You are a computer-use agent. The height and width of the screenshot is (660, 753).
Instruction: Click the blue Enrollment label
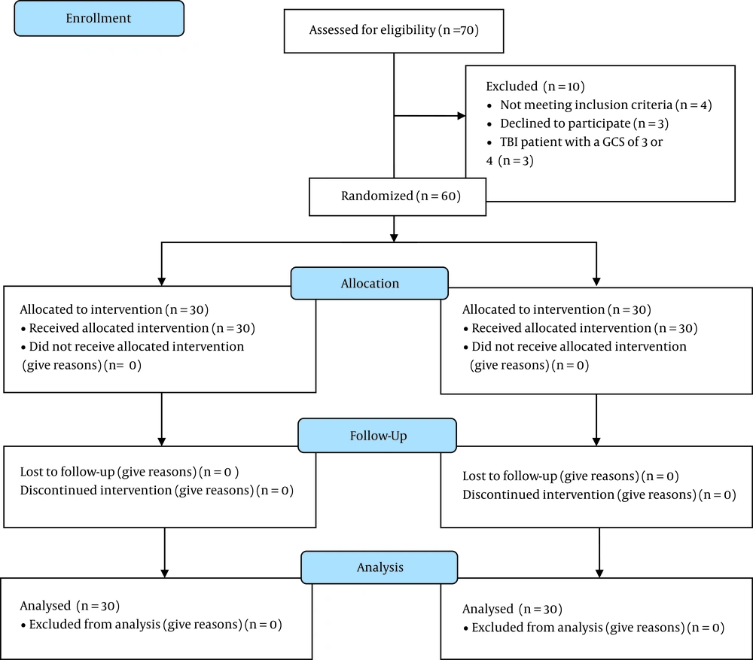coord(99,18)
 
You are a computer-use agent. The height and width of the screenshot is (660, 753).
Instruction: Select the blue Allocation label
coord(370,283)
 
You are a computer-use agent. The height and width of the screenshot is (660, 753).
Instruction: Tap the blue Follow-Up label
coord(377,436)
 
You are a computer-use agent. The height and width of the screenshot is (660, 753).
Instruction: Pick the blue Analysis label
coord(380,567)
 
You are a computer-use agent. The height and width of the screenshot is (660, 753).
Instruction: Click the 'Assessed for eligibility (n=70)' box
coord(394,31)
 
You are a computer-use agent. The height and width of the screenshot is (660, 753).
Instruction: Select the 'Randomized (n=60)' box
coord(398,197)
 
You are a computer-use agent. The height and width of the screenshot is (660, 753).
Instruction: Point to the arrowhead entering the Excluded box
coord(462,116)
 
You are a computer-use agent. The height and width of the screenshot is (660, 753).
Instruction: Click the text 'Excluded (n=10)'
coord(535,87)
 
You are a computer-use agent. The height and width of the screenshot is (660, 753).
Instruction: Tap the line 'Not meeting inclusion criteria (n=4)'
coord(606,105)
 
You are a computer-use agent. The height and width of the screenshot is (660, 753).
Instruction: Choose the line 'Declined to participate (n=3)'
coord(584,124)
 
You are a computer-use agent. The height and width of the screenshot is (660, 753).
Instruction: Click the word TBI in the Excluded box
coord(508,142)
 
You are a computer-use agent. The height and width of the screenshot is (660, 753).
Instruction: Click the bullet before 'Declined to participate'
coord(489,125)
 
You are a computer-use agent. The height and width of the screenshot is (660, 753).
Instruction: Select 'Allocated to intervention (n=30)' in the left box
coord(114,309)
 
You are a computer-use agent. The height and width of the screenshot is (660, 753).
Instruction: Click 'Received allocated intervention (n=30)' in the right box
coord(584,328)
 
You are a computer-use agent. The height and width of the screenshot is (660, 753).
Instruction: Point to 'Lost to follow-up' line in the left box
coord(130,472)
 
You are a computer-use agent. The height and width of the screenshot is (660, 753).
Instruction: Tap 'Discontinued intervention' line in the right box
coord(599,495)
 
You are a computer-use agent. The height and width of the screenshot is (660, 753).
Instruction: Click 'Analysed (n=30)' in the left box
coord(69,606)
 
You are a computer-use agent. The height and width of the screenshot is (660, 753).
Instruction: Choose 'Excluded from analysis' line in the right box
coord(598,628)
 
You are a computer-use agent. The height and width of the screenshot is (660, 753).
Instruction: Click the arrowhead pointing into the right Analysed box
coord(599,573)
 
